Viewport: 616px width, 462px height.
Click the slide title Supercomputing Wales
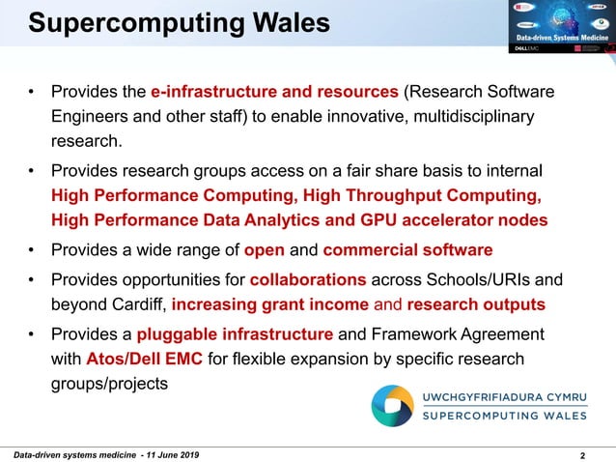tap(179, 22)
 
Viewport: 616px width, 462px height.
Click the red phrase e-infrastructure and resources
tap(274, 93)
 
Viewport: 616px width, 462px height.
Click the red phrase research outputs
tap(475, 305)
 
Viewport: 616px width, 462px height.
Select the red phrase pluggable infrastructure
tap(236, 335)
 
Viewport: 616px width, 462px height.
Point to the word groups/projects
tap(109, 384)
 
